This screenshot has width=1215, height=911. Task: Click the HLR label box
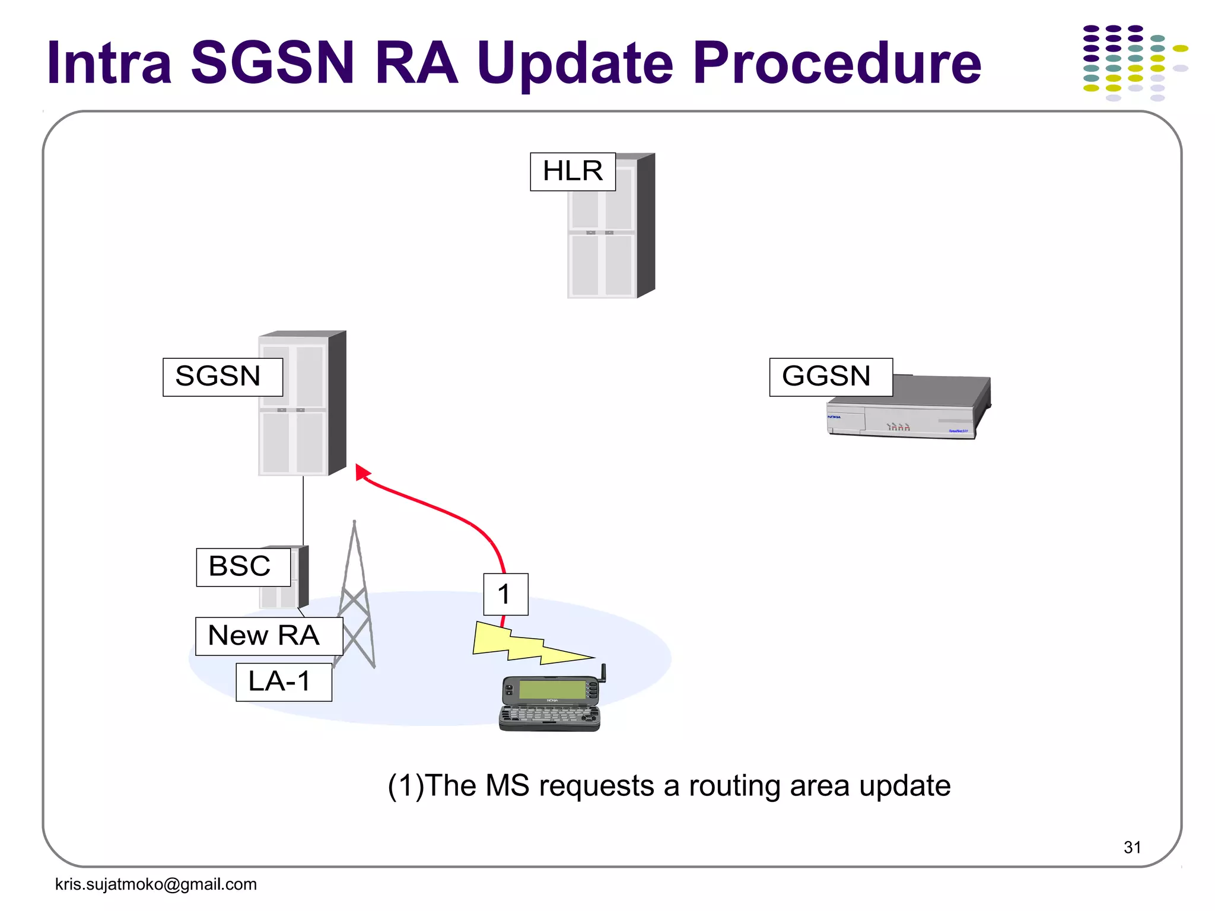tap(572, 172)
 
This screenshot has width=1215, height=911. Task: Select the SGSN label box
tap(222, 377)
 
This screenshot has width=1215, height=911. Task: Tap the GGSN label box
tap(831, 377)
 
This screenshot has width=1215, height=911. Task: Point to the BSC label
tap(243, 567)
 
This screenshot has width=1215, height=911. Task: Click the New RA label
tap(269, 636)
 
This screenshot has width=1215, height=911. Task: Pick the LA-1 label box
tap(284, 682)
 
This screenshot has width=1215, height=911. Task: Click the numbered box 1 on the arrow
tap(505, 594)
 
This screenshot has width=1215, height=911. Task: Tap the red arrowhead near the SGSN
tap(361, 472)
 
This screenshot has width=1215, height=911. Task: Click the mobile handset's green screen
tap(552, 689)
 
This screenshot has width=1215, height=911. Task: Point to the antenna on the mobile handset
tap(603, 673)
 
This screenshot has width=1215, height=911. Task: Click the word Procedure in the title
tap(836, 62)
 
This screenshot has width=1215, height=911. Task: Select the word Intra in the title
tap(110, 62)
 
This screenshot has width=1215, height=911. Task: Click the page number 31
tap(1132, 848)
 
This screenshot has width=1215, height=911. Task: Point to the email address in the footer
tap(156, 884)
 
